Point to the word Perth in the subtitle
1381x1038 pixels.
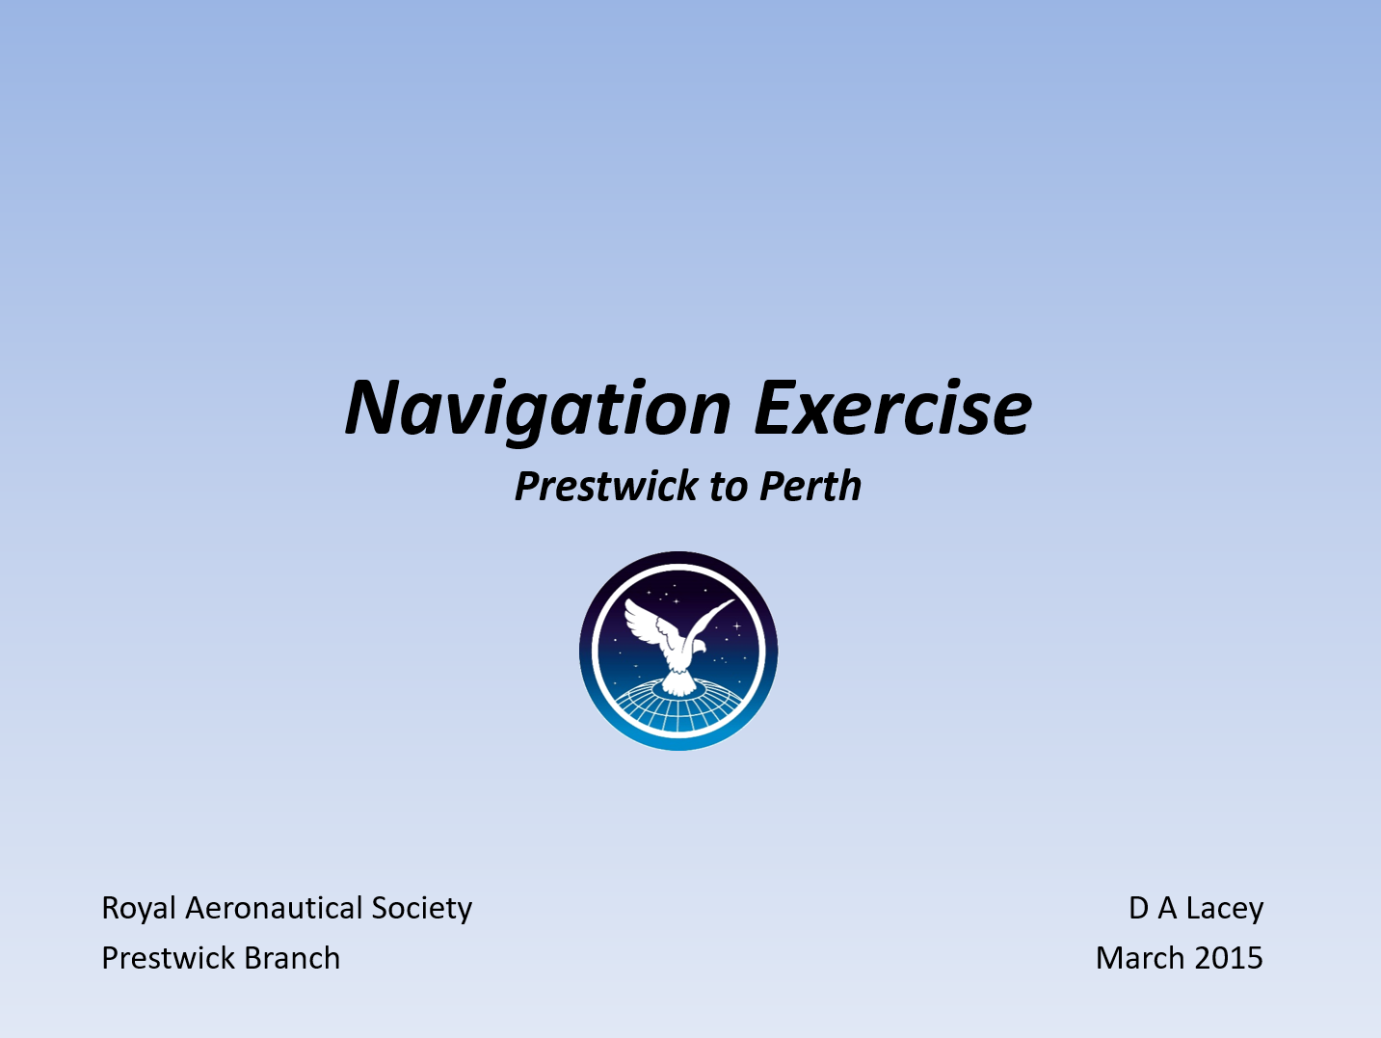click(x=810, y=487)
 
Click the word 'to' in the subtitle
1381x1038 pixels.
click(x=729, y=489)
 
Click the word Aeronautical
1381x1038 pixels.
click(x=274, y=909)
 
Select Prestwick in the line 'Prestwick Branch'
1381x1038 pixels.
click(x=168, y=959)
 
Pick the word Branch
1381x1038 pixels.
click(x=292, y=959)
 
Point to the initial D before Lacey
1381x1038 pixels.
click(x=1139, y=909)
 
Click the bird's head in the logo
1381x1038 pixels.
click(x=699, y=646)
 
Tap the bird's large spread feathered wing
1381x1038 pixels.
click(x=648, y=625)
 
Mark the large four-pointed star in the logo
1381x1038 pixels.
click(x=736, y=626)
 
